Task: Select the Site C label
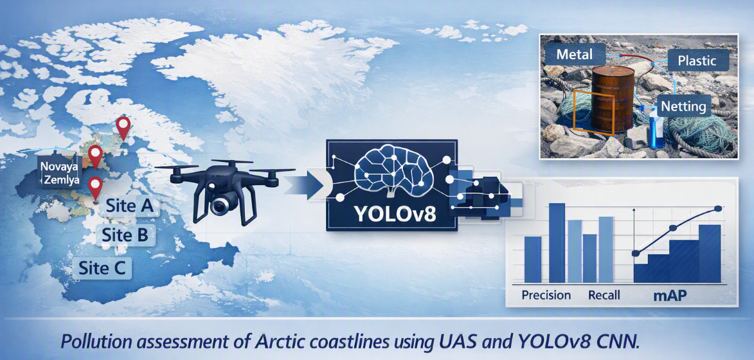click(x=102, y=268)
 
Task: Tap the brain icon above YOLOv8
click(x=392, y=170)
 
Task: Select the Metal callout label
click(x=574, y=54)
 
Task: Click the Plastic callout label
click(x=697, y=60)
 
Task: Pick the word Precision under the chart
click(x=546, y=295)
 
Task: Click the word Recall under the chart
click(x=604, y=295)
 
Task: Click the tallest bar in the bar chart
click(x=557, y=243)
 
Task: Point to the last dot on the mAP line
click(x=719, y=208)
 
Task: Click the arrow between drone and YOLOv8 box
click(x=307, y=184)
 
